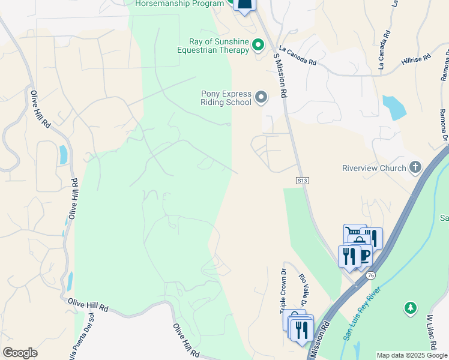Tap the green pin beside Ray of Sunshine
pos(258,44)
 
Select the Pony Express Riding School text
pos(226,97)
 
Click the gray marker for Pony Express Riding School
pos(261,97)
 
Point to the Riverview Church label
pos(374,168)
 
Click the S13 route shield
pos(302,180)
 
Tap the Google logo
pos(20,353)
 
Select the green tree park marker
pos(411,308)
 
